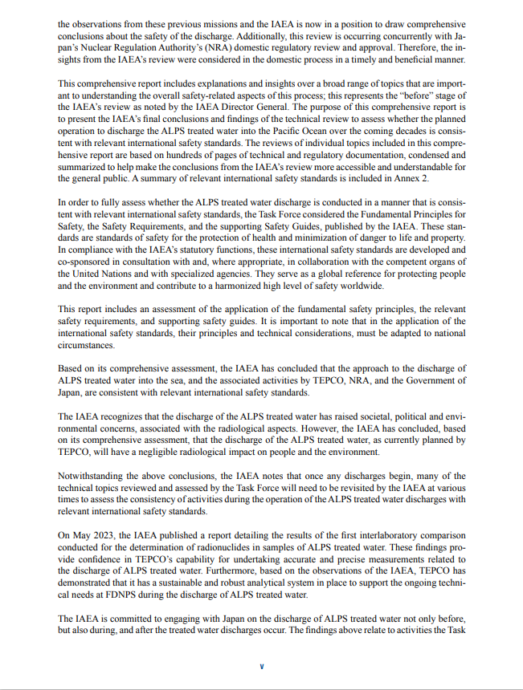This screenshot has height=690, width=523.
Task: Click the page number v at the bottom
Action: coord(261,665)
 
